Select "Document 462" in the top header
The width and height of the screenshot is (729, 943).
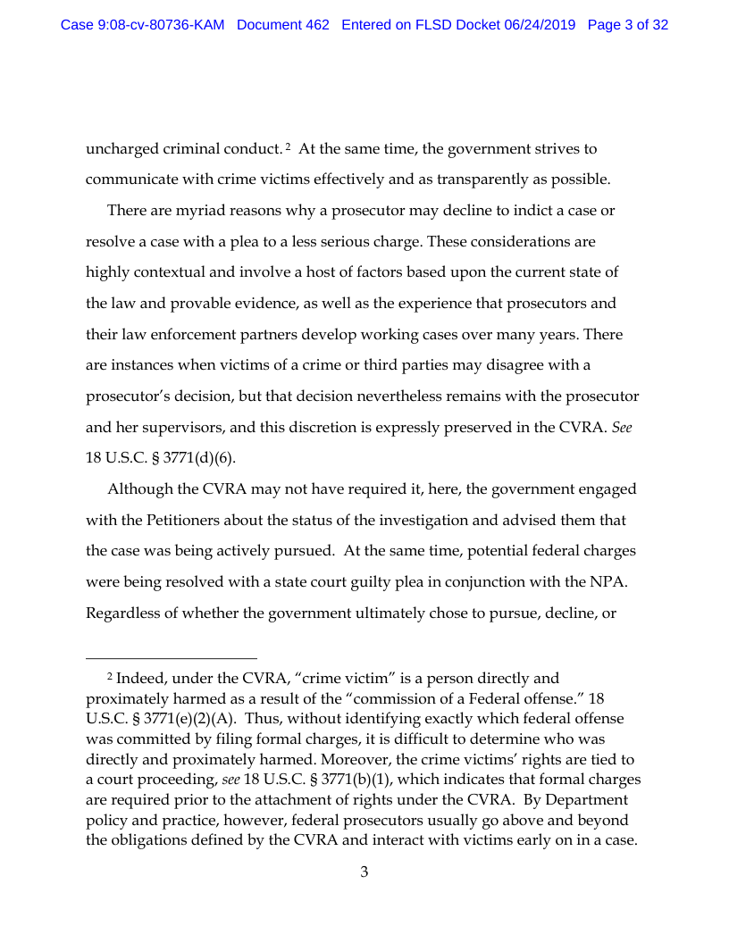(x=283, y=25)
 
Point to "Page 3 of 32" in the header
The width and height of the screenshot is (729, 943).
(x=628, y=25)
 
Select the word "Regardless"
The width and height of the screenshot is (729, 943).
(x=126, y=613)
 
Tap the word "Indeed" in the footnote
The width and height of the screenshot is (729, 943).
(x=141, y=680)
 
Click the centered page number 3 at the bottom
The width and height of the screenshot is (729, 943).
(x=364, y=872)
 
